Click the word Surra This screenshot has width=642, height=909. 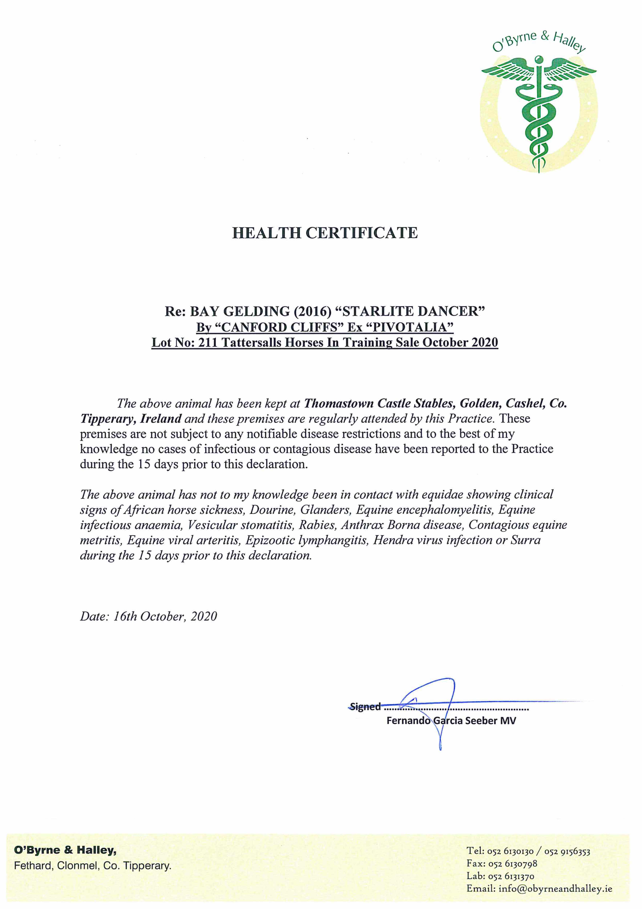pyautogui.click(x=525, y=540)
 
